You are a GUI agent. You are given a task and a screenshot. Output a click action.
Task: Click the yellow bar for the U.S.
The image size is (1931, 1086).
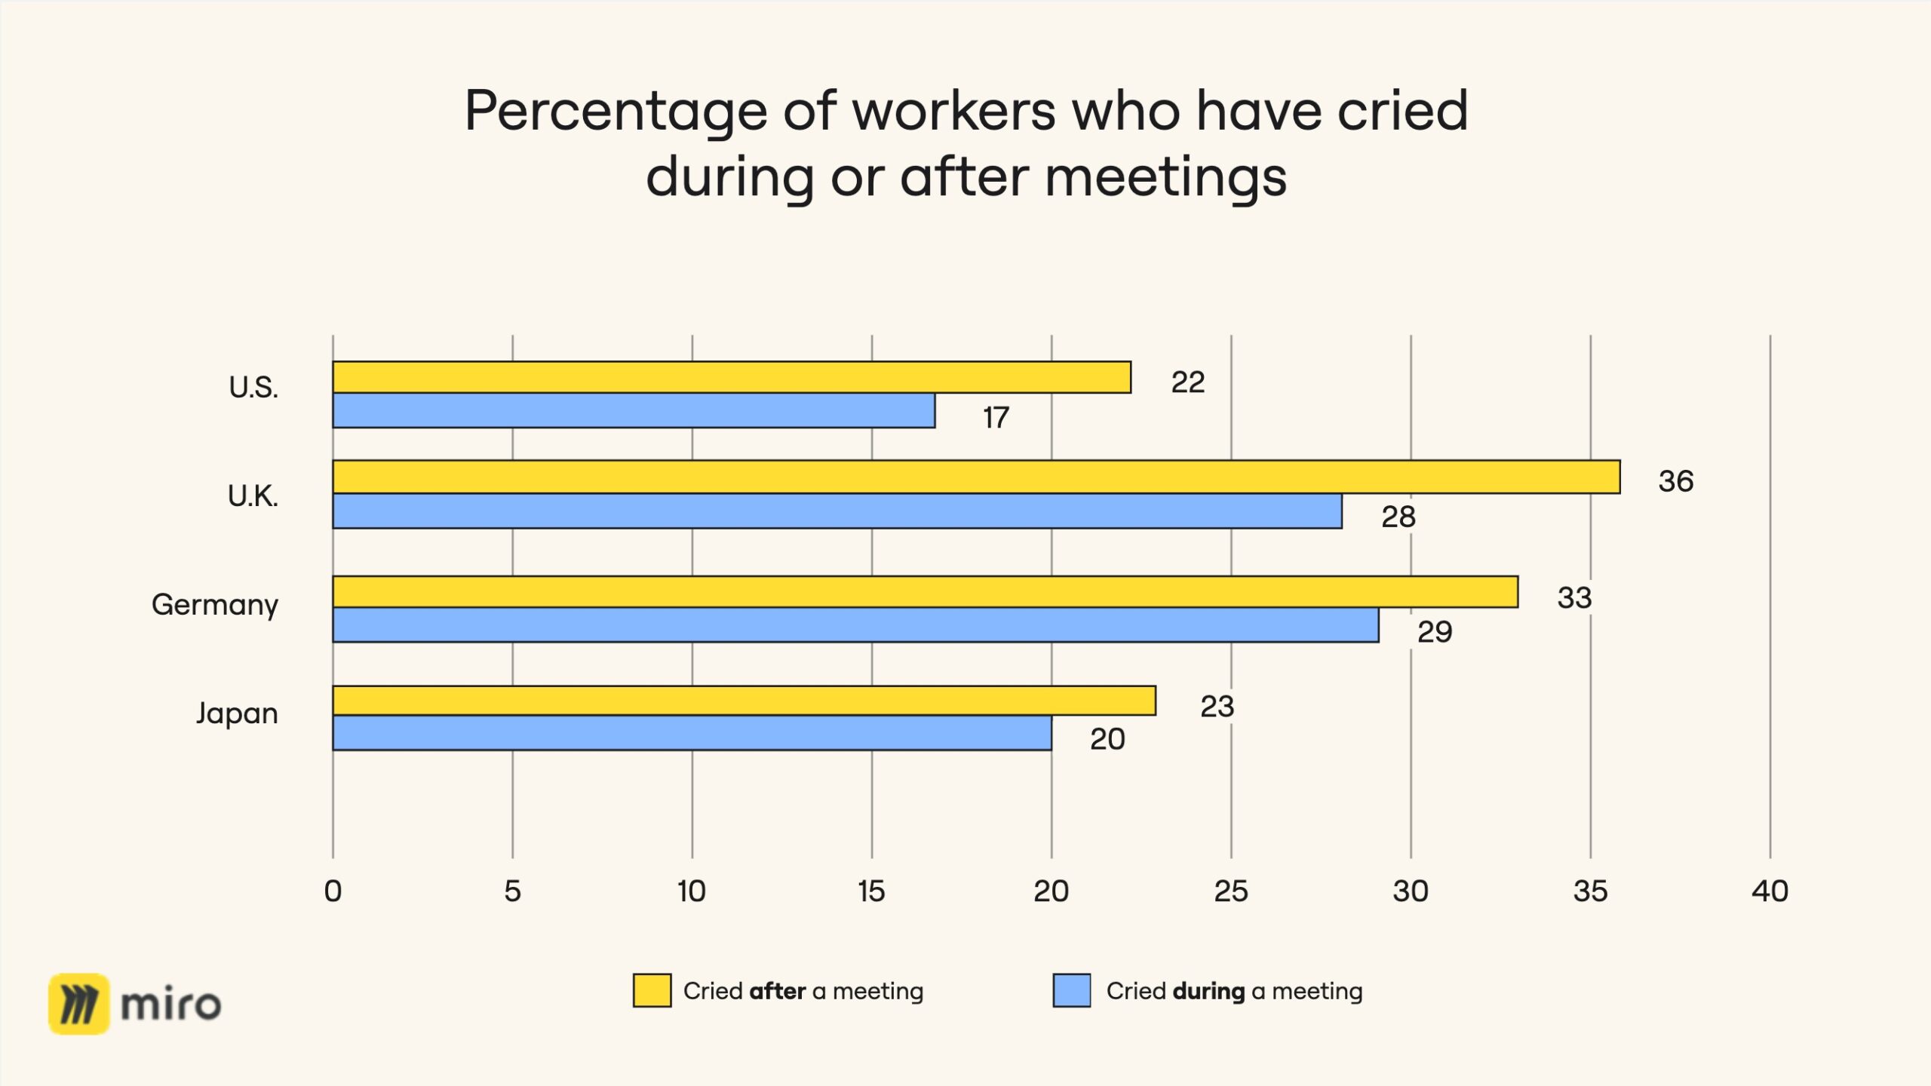point(732,377)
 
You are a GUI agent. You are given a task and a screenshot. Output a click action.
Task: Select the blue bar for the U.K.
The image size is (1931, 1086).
point(837,511)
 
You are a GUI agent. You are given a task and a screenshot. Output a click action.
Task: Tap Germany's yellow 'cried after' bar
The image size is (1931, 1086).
point(925,592)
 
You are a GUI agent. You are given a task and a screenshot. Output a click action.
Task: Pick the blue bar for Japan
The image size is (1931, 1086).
point(692,733)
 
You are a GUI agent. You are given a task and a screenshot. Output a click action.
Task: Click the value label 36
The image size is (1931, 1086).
point(1675,481)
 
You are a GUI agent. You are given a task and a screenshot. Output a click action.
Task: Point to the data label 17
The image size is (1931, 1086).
point(996,418)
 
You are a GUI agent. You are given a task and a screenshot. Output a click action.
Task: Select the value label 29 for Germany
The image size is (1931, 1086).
point(1435,632)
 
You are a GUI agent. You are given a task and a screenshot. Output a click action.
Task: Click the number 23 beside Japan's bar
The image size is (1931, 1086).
point(1217,707)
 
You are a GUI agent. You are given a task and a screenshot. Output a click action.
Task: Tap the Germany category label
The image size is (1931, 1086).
point(215,605)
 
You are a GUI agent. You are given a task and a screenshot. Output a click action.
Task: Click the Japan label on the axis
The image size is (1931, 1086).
point(237,713)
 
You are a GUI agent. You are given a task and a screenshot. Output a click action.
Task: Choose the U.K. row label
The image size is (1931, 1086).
point(253,496)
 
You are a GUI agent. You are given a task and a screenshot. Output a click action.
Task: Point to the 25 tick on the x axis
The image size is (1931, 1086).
point(1231,891)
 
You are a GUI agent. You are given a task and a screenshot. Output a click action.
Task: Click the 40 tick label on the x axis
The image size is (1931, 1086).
point(1770,891)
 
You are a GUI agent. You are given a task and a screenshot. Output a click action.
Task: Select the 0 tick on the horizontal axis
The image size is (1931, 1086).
point(333,891)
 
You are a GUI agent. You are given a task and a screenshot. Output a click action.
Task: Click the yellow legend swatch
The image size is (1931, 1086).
point(652,990)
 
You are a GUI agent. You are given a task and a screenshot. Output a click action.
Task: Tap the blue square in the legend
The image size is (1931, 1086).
point(1072,990)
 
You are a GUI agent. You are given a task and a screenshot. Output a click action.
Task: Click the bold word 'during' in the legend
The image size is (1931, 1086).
point(1208,991)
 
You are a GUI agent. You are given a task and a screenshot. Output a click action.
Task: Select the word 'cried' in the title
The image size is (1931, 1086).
point(1402,111)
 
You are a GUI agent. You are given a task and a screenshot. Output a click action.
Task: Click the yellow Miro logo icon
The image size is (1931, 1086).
point(79,1004)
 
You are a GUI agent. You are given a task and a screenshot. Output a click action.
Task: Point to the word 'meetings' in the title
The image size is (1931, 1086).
point(1165,178)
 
